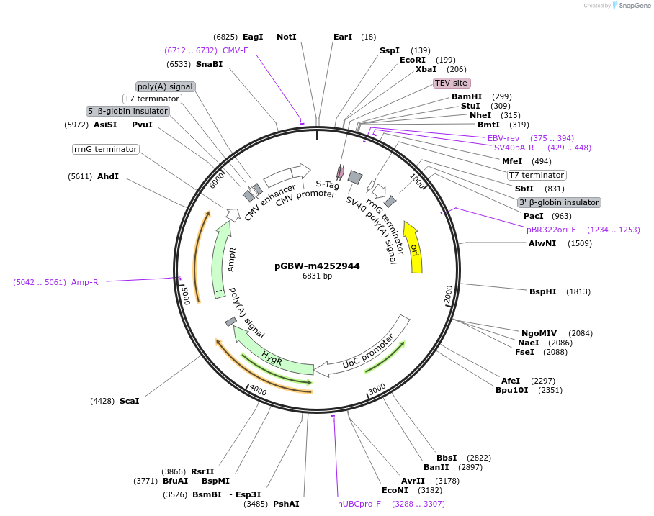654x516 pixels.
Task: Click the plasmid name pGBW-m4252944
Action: [x=317, y=266]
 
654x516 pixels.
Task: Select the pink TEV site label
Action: [x=452, y=83]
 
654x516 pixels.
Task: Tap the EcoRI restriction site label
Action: [x=413, y=60]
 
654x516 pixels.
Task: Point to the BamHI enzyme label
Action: [x=467, y=96]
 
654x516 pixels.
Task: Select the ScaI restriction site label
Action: [x=129, y=401]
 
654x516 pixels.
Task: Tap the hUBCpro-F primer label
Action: [x=359, y=504]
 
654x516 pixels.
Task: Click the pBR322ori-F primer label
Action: [x=551, y=230]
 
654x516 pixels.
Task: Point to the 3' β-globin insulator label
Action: [x=559, y=202]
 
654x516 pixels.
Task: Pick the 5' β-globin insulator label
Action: [x=128, y=111]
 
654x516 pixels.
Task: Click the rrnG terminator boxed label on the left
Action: [x=105, y=149]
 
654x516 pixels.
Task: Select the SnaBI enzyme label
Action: [x=209, y=64]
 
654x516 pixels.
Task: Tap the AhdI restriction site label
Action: [x=108, y=176]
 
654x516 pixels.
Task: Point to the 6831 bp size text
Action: [x=317, y=276]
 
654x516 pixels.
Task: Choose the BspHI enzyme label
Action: [x=543, y=291]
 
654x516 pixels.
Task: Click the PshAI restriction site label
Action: [x=286, y=504]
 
